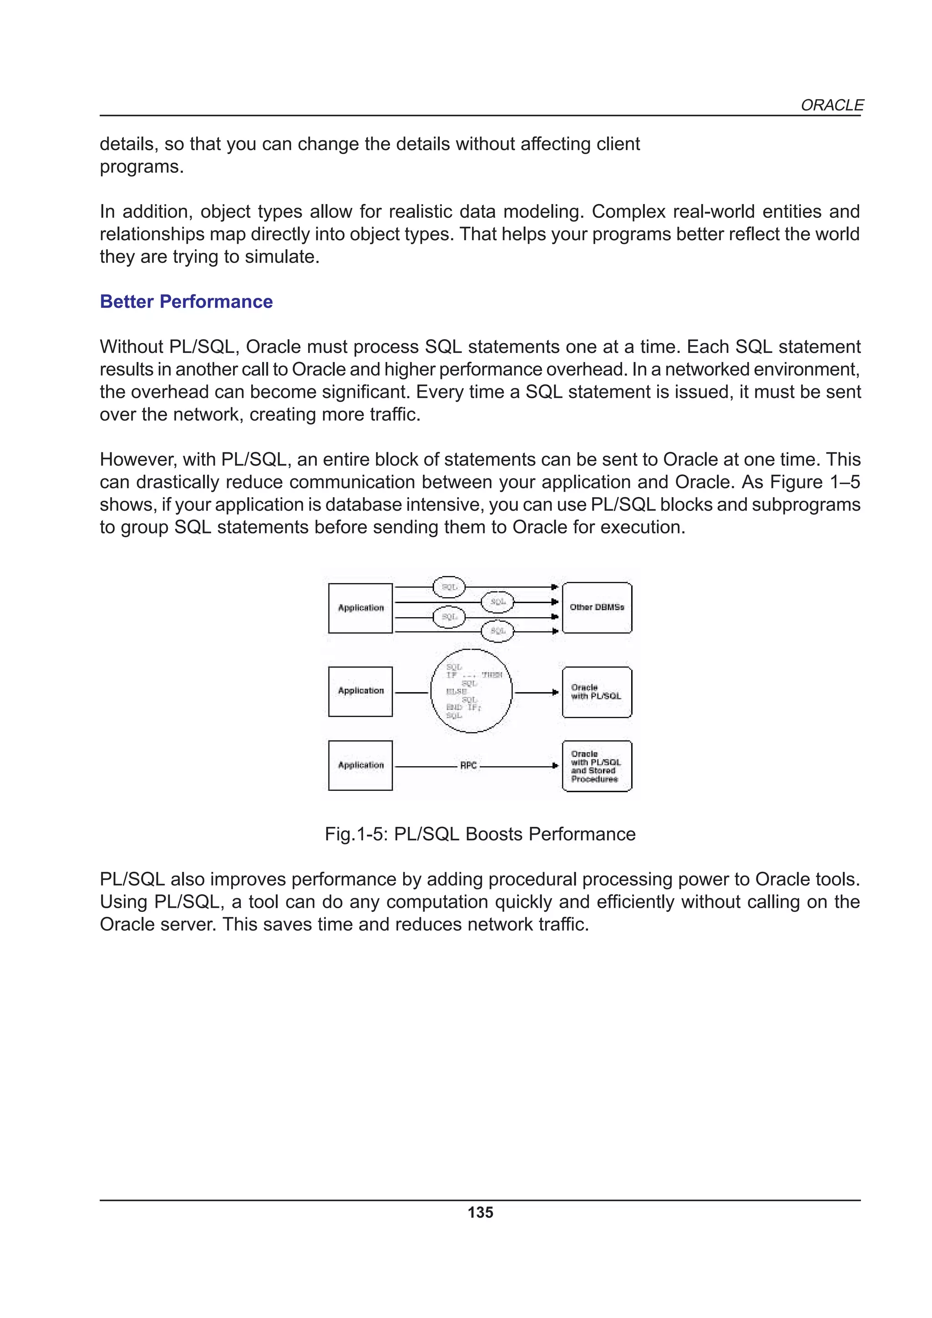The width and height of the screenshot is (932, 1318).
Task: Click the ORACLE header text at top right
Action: click(831, 105)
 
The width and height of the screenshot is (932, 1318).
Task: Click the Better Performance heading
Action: click(186, 302)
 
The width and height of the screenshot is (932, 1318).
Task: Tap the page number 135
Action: click(480, 1212)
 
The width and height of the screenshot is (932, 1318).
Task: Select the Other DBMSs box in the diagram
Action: click(597, 607)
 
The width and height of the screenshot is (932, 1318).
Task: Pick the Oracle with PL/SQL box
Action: click(597, 692)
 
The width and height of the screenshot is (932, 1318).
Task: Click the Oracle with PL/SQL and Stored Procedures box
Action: click(597, 766)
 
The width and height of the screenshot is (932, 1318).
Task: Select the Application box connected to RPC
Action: click(360, 765)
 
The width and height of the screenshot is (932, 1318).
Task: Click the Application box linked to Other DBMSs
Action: click(360, 608)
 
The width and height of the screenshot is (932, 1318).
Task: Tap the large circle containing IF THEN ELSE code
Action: click(471, 691)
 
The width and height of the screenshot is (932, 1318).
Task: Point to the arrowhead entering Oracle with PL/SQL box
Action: click(555, 692)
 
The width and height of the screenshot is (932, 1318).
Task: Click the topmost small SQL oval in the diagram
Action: click(449, 587)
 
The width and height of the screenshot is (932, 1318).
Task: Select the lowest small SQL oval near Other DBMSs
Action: click(497, 631)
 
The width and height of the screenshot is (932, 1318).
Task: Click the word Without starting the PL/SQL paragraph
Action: click(132, 347)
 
